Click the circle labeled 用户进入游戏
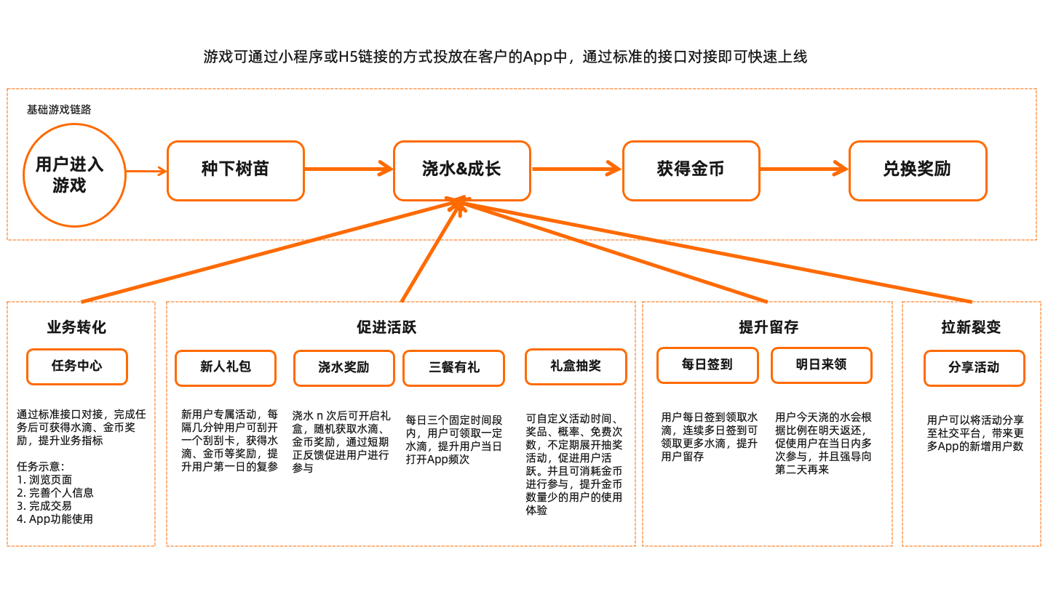(x=70, y=175)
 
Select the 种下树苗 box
(x=235, y=170)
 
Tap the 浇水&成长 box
(x=461, y=170)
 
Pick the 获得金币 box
(x=691, y=170)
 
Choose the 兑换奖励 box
(x=917, y=170)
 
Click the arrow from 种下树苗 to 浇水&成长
(x=349, y=170)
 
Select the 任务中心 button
(x=77, y=366)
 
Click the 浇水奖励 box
(x=344, y=368)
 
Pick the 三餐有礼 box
(x=454, y=368)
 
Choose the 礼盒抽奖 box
(x=576, y=366)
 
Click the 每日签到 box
(x=707, y=365)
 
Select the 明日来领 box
(x=821, y=365)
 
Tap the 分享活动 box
(x=974, y=368)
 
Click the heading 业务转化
(x=77, y=327)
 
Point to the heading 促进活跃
(x=386, y=327)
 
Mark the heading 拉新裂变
(x=971, y=327)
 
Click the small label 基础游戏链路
(x=59, y=110)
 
